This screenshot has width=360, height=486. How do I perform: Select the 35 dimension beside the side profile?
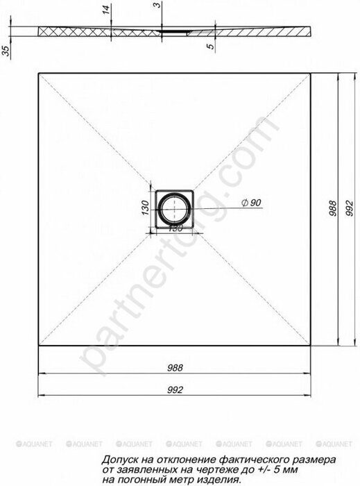pyautogui.click(x=5, y=52)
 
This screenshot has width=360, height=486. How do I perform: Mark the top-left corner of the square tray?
pyautogui.click(x=38, y=72)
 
